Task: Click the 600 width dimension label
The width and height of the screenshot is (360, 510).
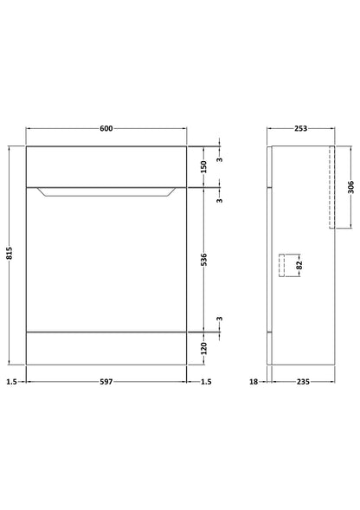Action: pos(106,128)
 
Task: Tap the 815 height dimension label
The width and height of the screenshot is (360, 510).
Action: pos(10,253)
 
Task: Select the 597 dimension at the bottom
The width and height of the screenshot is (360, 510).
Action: pos(106,382)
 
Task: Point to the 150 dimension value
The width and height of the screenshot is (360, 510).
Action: pos(203,166)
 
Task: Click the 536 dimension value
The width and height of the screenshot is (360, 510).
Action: pos(203,260)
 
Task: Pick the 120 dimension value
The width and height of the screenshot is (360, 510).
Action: pos(203,348)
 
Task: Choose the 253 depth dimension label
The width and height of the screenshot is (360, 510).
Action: pos(300,128)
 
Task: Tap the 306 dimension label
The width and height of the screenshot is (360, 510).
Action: pos(350,187)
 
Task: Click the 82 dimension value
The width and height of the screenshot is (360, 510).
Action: pos(299,265)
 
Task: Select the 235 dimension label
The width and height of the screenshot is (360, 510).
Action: pos(303,382)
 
